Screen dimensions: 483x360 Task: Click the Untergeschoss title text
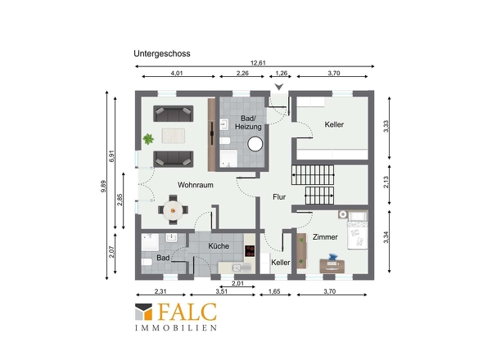(x=162, y=53)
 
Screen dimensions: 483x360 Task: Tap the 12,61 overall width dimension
(x=258, y=63)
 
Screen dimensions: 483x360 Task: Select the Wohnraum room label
(x=196, y=185)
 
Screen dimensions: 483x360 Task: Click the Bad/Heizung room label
(x=248, y=122)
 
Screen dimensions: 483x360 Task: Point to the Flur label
(x=279, y=197)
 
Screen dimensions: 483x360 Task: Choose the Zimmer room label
(x=325, y=236)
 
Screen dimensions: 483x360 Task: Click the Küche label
(x=219, y=245)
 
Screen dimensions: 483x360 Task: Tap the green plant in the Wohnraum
(x=148, y=139)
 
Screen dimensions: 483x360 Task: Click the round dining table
(x=173, y=210)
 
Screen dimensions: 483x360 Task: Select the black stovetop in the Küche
(x=250, y=250)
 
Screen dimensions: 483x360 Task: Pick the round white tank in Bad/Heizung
(x=255, y=144)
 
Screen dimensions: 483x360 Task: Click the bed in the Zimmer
(x=357, y=231)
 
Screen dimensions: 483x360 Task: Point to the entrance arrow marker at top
(x=279, y=87)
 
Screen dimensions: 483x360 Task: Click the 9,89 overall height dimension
(x=103, y=187)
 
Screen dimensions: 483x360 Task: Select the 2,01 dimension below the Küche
(x=237, y=283)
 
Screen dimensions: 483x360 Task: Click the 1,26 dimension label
(x=281, y=73)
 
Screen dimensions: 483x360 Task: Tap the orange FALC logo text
(x=187, y=312)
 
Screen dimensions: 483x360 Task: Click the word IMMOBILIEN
(x=176, y=327)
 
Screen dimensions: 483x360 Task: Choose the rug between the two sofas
(x=174, y=136)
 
